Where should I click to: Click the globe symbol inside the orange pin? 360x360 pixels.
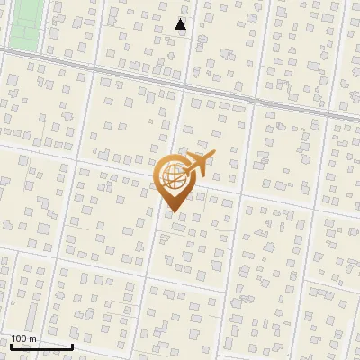[x=174, y=178]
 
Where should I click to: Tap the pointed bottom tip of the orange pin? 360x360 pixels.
[x=174, y=212]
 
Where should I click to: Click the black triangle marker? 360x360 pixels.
[x=181, y=25]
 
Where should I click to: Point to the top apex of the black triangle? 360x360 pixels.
[x=181, y=19]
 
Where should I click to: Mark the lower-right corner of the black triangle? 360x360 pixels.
[x=186, y=31]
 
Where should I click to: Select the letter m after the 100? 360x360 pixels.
[x=33, y=339]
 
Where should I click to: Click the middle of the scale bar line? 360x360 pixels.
[x=41, y=346]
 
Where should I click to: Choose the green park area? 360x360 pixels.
[x=22, y=24]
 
